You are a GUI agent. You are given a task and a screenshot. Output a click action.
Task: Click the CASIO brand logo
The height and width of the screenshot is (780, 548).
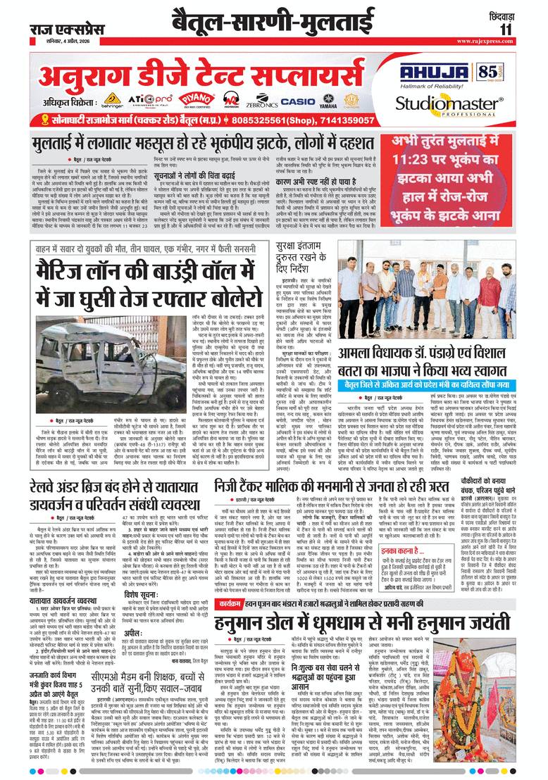coord(297,101)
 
